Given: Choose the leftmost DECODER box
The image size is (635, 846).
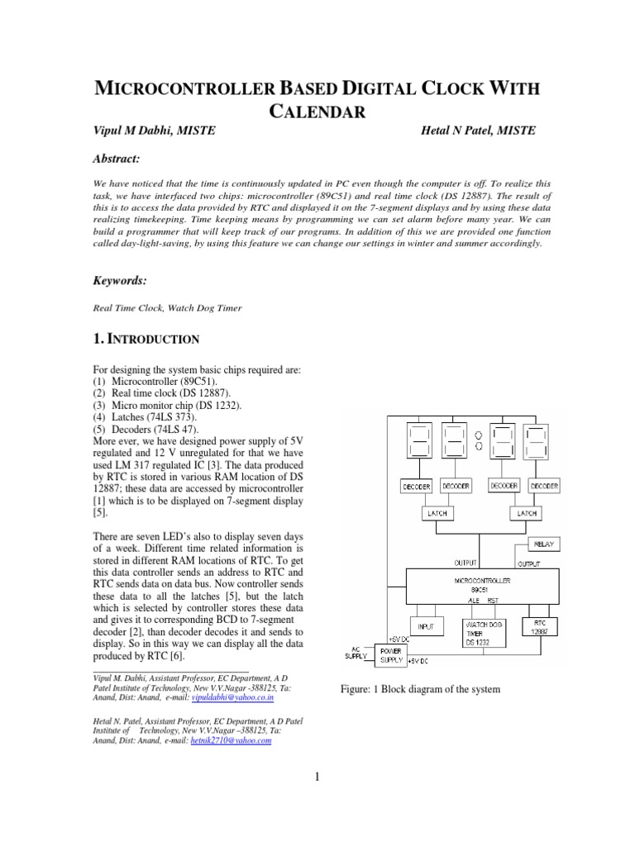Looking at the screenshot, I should (x=415, y=487).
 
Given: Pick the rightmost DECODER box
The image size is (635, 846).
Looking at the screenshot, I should (x=543, y=487).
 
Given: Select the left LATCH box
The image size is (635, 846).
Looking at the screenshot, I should (x=436, y=513).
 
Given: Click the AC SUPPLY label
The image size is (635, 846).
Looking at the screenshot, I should (x=355, y=653).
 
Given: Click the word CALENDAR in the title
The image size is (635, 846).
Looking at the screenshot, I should (x=317, y=114).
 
